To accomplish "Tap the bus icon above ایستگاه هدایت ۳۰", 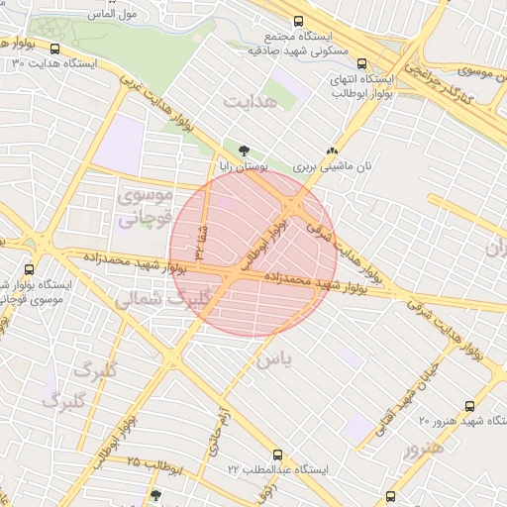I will [x=54, y=49].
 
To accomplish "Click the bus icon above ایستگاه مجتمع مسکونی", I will [x=298, y=21].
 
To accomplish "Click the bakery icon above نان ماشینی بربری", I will [x=332, y=151].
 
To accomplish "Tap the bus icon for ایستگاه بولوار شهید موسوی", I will [x=29, y=268].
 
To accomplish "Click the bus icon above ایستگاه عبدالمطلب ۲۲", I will [x=278, y=452].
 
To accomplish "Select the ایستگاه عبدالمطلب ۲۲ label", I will [x=282, y=467].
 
